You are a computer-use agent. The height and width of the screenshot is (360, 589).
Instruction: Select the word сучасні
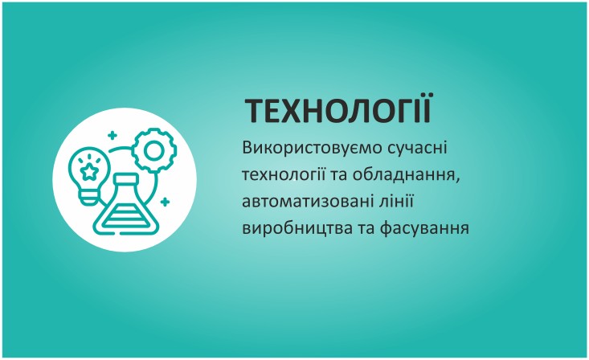(x=417, y=148)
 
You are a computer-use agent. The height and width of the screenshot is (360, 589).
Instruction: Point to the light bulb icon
(x=88, y=175)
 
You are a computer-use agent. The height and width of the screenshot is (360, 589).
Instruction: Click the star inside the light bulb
(x=89, y=171)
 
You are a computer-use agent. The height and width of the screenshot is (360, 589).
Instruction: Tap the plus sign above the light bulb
(x=112, y=136)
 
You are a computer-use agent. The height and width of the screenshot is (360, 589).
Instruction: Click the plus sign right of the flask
(x=165, y=202)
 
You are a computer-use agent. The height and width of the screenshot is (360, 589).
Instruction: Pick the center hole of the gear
(x=154, y=151)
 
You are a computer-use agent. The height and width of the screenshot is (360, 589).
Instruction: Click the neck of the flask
(x=126, y=186)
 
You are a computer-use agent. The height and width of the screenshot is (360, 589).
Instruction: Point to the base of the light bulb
(x=88, y=198)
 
